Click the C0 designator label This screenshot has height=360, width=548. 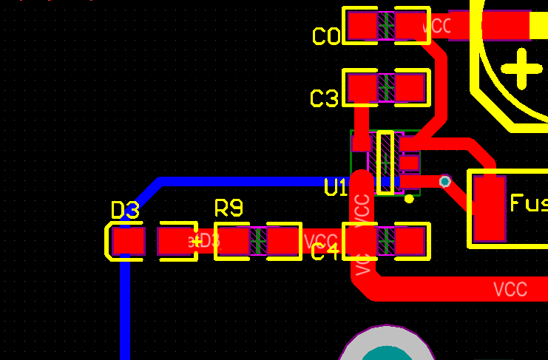click(326, 36)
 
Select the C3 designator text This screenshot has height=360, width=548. click(324, 98)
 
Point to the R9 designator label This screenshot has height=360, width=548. click(229, 208)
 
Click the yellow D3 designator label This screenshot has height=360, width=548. click(125, 211)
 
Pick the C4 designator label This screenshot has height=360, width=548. click(325, 252)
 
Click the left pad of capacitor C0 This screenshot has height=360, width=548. click(362, 27)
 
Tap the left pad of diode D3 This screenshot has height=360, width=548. click(129, 241)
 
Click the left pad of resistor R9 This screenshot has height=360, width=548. click(232, 241)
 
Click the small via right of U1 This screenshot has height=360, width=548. click(444, 181)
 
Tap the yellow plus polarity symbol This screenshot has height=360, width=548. click(522, 69)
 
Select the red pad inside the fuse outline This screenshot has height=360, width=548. click(489, 208)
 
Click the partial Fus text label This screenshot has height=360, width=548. click(529, 203)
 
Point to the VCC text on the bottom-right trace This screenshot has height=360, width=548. click(510, 288)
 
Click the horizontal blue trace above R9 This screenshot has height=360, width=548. click(244, 181)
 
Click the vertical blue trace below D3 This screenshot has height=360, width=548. click(124, 310)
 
